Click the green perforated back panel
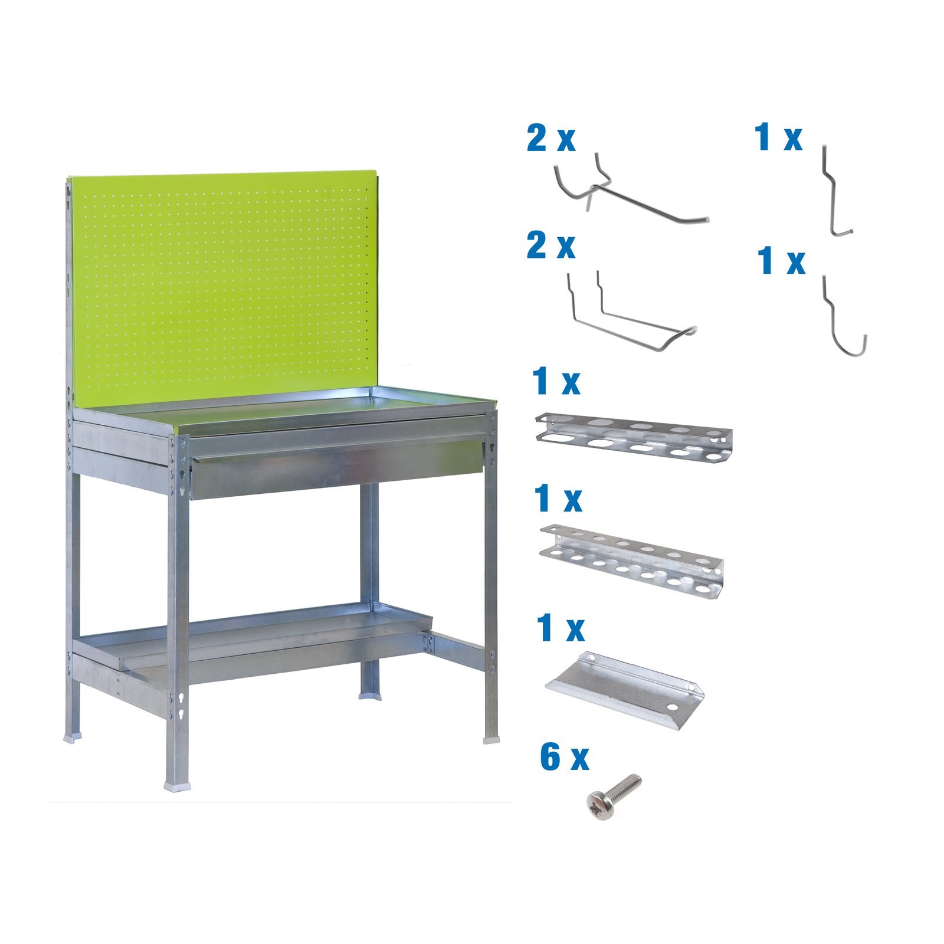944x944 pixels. [224, 283]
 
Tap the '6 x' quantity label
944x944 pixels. [564, 758]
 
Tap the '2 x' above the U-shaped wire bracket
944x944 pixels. [550, 245]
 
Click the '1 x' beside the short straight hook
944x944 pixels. [778, 138]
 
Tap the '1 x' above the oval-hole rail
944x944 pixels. [556, 382]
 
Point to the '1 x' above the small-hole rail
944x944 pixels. [558, 499]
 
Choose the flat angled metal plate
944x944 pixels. [624, 690]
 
